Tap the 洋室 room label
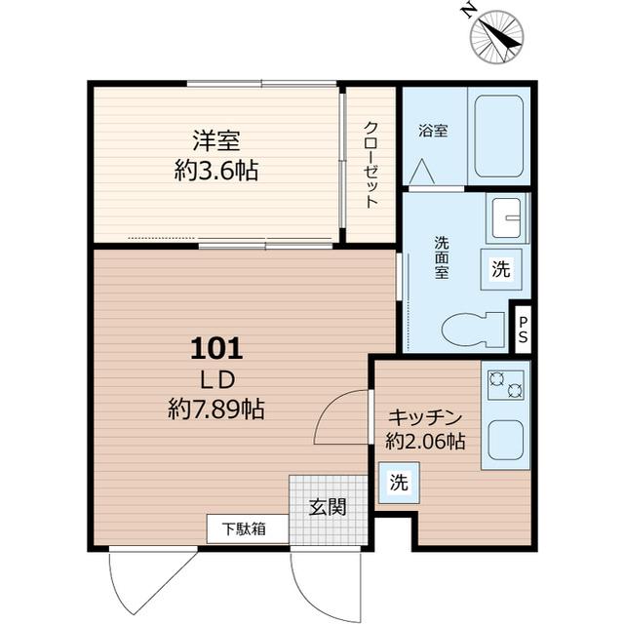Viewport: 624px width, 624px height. [x=215, y=140]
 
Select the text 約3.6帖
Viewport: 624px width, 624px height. [x=215, y=172]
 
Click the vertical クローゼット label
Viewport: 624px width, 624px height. [x=371, y=164]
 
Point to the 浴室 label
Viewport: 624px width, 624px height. [x=433, y=130]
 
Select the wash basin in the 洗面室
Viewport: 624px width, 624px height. [x=507, y=218]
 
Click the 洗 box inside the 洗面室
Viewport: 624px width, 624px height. [x=500, y=270]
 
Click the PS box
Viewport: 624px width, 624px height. [x=524, y=330]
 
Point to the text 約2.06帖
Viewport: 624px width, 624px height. [x=425, y=441]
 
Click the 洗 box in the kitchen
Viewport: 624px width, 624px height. [x=399, y=482]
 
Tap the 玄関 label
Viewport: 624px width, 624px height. [x=327, y=507]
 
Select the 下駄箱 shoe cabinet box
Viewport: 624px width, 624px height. [x=248, y=529]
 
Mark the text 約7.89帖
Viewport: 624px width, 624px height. [x=215, y=409]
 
